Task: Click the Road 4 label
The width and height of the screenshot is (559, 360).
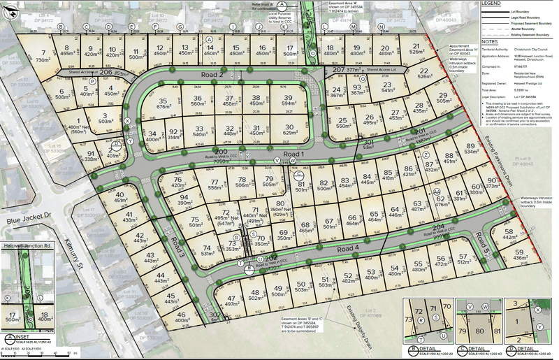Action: (348, 248)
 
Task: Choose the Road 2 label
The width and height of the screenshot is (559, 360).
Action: (210, 75)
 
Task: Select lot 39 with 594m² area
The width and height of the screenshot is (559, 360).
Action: (287, 100)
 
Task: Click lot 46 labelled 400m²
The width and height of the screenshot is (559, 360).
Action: (181, 317)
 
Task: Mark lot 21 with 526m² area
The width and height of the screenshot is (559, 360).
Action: (417, 50)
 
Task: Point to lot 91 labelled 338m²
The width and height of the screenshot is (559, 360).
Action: (91, 157)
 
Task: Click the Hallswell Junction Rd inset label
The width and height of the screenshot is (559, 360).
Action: (27, 247)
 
